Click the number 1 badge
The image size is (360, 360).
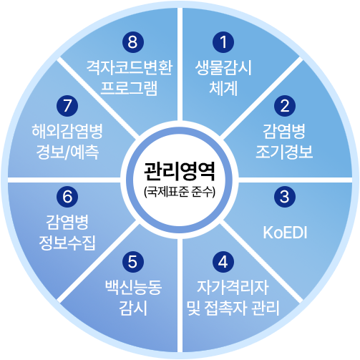click(223, 42)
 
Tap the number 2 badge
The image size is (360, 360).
click(285, 106)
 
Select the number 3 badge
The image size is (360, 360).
click(285, 197)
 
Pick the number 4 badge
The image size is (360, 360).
click(223, 262)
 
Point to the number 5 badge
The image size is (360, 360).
click(133, 262)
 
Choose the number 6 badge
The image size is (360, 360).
click(67, 197)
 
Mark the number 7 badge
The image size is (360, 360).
click(67, 106)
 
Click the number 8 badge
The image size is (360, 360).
click(133, 42)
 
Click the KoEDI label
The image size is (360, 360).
click(285, 233)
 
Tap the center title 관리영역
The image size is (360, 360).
click(180, 171)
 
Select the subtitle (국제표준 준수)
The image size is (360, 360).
click(180, 191)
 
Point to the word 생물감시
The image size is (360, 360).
click(223, 68)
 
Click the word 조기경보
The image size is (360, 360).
click(284, 152)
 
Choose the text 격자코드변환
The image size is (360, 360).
click(130, 68)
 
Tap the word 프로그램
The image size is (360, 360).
click(129, 88)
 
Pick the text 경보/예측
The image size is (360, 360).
click(67, 152)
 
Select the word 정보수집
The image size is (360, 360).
click(67, 243)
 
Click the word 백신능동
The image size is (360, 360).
click(133, 287)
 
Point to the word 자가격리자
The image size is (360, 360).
click(233, 287)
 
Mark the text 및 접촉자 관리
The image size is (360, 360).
click(233, 308)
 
